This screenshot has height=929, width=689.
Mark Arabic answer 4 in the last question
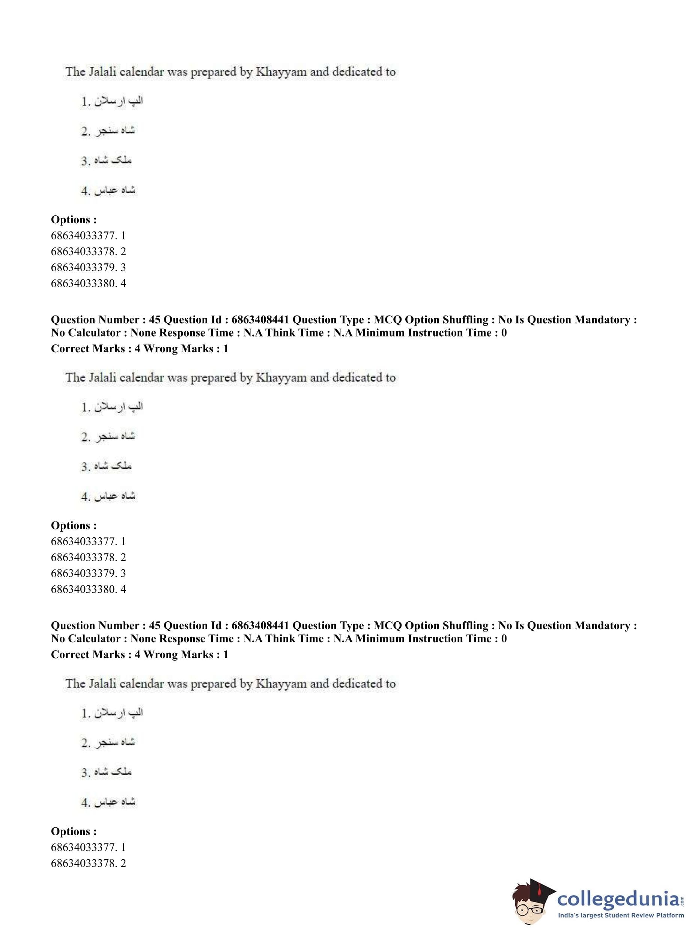[x=108, y=802]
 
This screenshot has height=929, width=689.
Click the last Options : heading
[x=74, y=831]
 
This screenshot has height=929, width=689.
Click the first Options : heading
[x=74, y=219]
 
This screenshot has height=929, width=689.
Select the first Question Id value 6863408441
[x=260, y=320]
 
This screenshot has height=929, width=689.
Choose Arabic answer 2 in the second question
[x=108, y=437]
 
